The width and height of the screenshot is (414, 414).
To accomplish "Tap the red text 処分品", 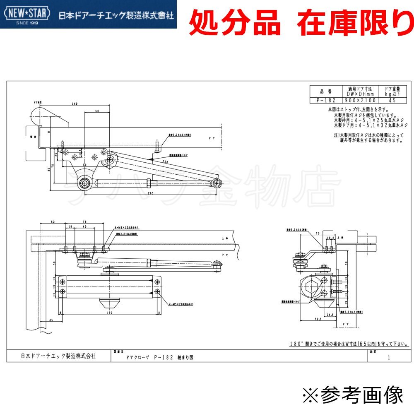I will [x=235, y=24].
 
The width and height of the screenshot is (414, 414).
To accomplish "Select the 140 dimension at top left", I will [x=75, y=104].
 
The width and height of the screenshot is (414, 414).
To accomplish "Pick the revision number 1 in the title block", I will [x=388, y=357].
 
